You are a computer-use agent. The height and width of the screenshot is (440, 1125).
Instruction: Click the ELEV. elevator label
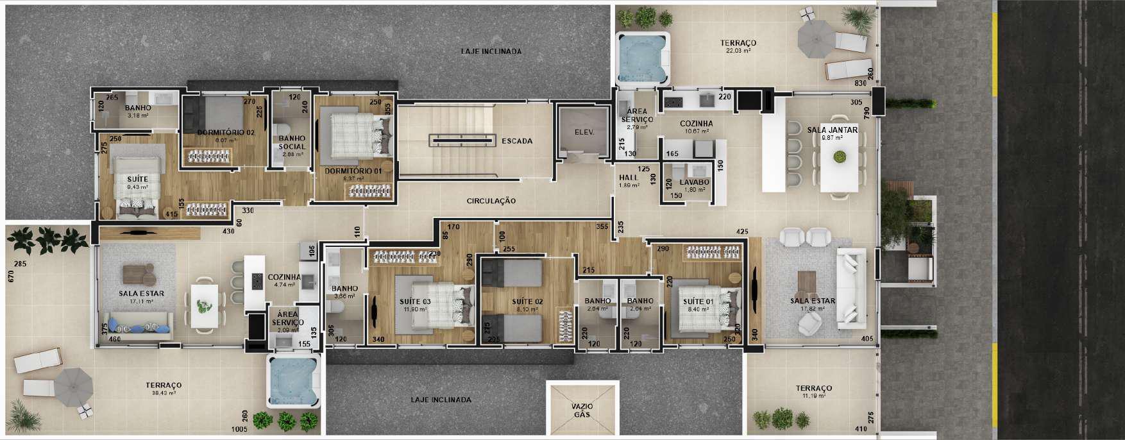[584, 133]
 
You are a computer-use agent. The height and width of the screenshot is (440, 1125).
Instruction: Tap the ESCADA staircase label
[517, 141]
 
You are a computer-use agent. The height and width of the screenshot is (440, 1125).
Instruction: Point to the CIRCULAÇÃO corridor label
[491, 201]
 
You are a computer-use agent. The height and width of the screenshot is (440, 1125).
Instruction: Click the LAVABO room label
[695, 182]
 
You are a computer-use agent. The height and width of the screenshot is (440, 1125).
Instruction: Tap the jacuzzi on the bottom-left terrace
[292, 382]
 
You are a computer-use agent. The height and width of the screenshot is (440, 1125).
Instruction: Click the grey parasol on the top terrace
[814, 39]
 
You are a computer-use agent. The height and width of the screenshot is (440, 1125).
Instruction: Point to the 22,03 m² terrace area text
[738, 51]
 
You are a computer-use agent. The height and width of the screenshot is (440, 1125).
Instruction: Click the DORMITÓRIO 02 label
[217, 132]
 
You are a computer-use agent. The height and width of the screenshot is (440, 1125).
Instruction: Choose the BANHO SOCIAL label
[292, 142]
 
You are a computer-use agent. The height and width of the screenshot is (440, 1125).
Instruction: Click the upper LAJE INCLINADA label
[491, 51]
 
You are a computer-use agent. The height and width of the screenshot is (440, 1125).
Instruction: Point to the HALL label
[628, 178]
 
